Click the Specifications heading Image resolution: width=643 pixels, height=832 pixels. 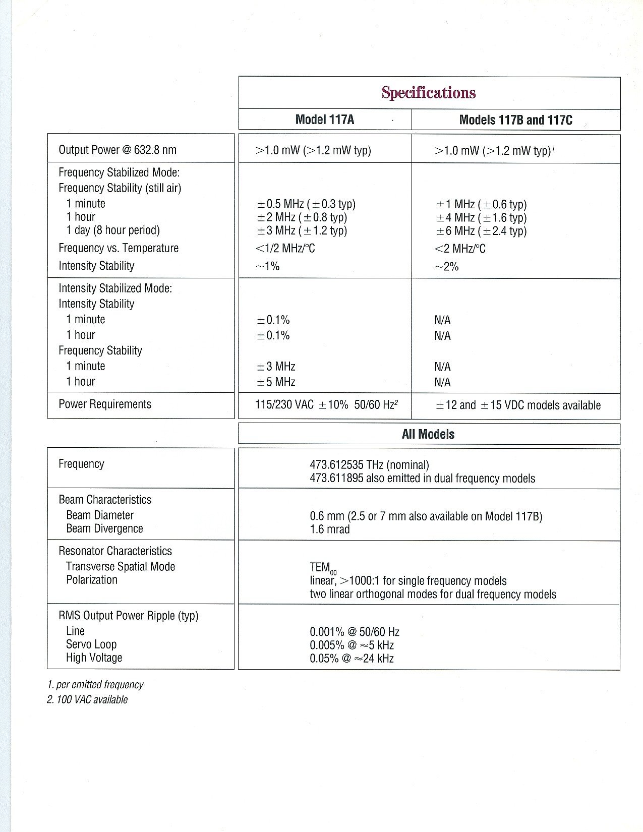[x=429, y=93]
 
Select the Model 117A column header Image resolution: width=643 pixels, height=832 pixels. [x=325, y=120]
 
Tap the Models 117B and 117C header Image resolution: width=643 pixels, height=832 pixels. [x=515, y=120]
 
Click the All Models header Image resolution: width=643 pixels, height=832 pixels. [x=428, y=434]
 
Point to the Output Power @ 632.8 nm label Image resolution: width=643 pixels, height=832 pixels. [x=118, y=150]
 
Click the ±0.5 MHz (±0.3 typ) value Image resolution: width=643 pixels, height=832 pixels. [x=306, y=204]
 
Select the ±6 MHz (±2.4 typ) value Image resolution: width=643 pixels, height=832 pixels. [x=481, y=231]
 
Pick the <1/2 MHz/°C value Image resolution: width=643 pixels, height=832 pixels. [x=285, y=248]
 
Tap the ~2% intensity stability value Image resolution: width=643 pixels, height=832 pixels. [x=446, y=267]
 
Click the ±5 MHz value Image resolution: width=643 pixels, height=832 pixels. [x=276, y=382]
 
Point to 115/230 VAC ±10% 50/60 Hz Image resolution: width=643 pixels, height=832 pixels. [x=326, y=405]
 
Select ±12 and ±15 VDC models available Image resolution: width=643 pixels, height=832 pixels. [x=518, y=405]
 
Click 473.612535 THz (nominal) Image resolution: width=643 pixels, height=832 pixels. [x=369, y=465]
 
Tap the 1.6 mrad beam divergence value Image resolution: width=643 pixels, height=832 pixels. [x=329, y=529]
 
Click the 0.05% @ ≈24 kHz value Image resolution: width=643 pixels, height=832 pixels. [x=352, y=658]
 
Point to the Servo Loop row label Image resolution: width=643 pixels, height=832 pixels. [x=91, y=644]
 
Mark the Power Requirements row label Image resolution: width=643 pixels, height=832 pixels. [x=105, y=404]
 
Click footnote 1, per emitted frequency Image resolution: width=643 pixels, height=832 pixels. [x=95, y=685]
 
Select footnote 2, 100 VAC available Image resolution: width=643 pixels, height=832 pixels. [x=87, y=700]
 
